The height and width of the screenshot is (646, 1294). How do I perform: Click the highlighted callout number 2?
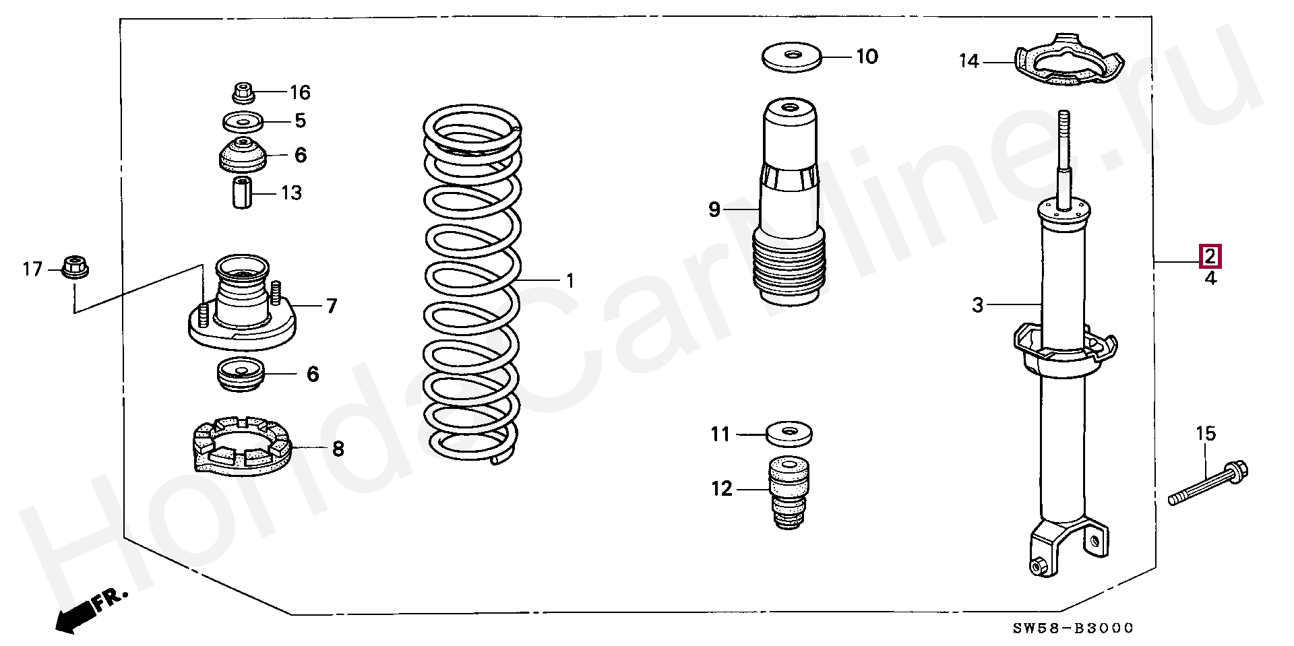[1210, 257]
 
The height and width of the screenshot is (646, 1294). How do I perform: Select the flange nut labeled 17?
[75, 267]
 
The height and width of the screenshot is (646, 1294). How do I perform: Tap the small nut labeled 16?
[243, 92]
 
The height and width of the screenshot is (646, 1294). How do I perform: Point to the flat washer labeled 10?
[792, 57]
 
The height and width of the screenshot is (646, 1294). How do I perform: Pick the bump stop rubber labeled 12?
[789, 493]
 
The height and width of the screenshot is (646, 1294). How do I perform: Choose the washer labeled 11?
[789, 433]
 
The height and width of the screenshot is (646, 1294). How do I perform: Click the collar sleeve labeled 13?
[243, 193]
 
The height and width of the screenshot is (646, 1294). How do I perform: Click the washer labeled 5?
[242, 122]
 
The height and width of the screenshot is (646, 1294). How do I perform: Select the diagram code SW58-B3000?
[1074, 628]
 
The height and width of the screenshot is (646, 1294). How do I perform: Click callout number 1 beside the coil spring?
[570, 280]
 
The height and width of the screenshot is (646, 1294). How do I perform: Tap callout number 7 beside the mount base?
[332, 306]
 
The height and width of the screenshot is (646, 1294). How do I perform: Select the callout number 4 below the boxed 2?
[1211, 278]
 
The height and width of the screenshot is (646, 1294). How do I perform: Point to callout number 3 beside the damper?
[978, 305]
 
